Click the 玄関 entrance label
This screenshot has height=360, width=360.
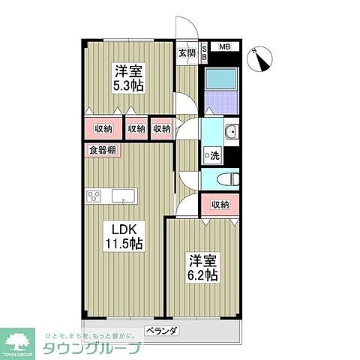pos(187,52)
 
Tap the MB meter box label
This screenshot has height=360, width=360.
pos(224,47)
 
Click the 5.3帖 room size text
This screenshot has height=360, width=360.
pos(127,86)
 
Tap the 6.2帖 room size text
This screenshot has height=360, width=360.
pos(202,275)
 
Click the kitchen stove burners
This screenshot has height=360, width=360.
pos(94,196)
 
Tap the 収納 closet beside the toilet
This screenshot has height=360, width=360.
pos(219,204)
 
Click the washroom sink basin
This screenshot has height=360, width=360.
pos(231,133)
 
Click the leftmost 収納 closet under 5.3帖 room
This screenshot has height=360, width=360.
pos(103,129)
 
